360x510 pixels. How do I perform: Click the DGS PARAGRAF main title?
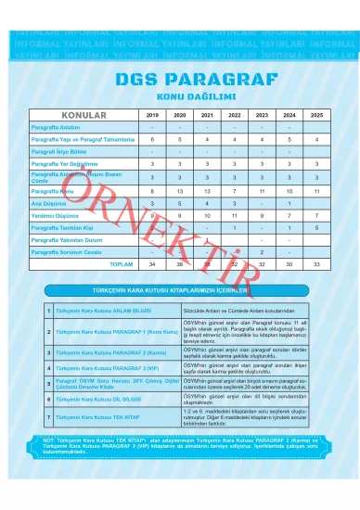[x=180, y=80]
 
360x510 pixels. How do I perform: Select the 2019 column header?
[x=153, y=114]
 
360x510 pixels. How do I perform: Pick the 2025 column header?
[x=317, y=114]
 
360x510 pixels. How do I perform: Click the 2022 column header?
[x=236, y=114]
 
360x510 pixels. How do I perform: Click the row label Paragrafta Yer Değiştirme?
[x=66, y=164]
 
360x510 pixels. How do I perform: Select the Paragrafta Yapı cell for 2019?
[x=153, y=139]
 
